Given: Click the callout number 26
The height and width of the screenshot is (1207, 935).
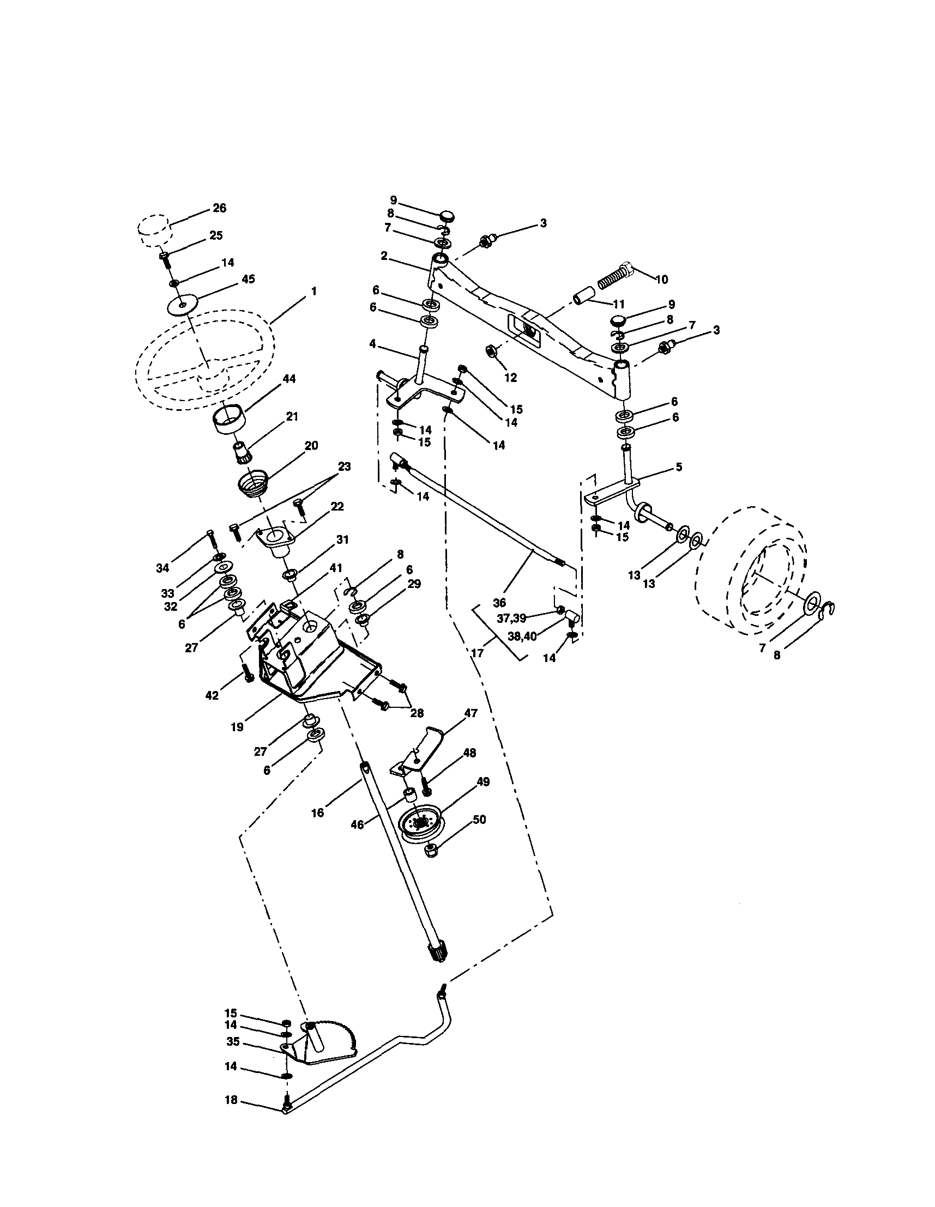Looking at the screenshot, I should pos(219,208).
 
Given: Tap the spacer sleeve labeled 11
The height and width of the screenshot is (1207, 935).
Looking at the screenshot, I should pos(584,296).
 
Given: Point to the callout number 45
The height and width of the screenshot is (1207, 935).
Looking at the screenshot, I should pos(248,279).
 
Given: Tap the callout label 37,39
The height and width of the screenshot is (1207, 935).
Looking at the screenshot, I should pos(511,618).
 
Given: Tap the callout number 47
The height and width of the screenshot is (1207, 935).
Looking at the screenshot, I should pos(470,713).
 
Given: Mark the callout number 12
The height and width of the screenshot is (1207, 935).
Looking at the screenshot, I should pos(510,378).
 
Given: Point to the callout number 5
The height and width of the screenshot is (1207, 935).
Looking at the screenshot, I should pos(678,467).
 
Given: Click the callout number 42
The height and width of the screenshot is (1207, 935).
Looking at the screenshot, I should pos(212,695).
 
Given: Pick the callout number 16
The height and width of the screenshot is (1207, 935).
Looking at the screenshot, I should pos(317,813).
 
